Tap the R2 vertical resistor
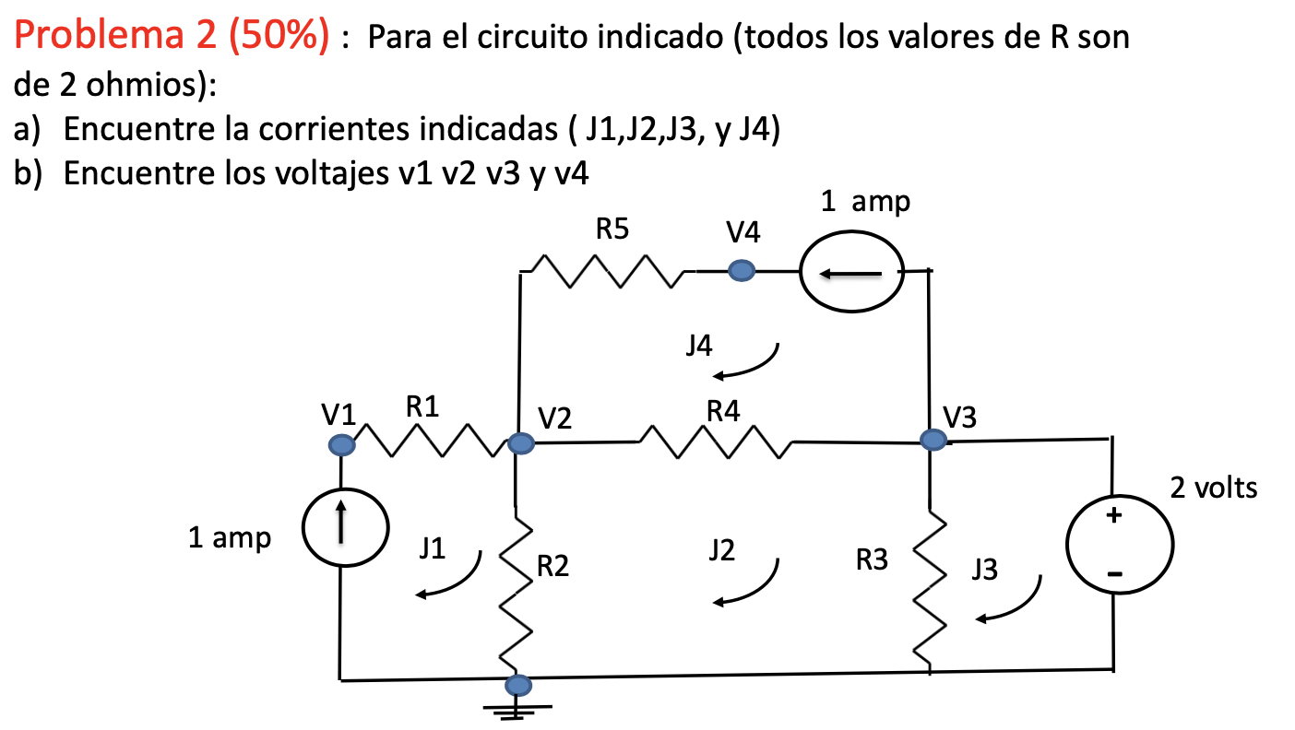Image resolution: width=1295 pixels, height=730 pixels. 517,589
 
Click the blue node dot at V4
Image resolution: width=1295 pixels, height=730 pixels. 741,271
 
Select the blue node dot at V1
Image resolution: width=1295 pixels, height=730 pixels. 341,445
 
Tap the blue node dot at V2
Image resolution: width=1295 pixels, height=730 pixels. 520,444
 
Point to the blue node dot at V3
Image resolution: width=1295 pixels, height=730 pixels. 933,440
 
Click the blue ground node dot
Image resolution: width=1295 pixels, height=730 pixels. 518,685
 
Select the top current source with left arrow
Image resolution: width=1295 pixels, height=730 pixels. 851,273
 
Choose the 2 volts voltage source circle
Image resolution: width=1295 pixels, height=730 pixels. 1119,546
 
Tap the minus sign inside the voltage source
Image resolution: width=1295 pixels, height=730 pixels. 1115,574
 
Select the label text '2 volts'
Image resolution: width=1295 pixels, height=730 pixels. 1213,488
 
